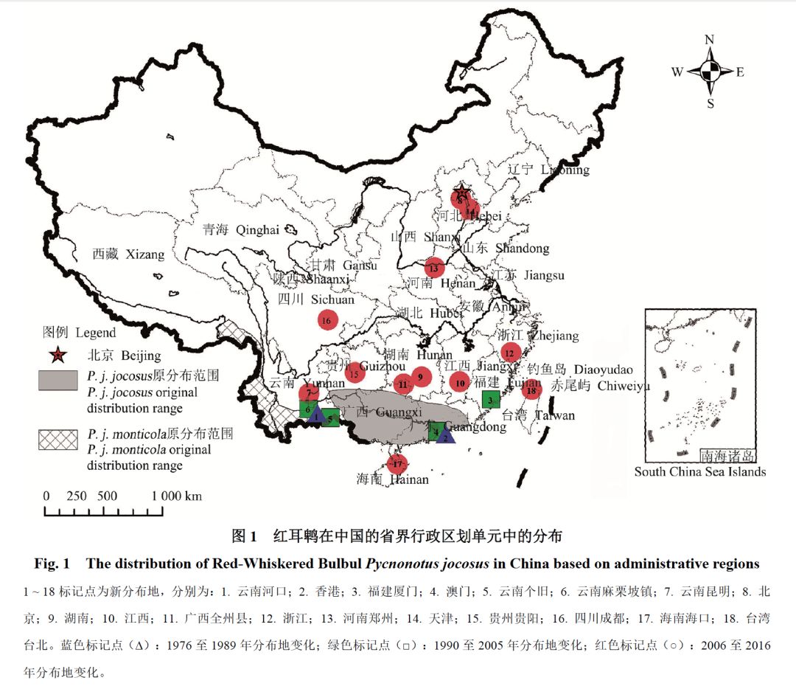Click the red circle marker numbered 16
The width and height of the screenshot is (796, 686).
[x=327, y=320]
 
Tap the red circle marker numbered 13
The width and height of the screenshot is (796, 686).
[x=433, y=268]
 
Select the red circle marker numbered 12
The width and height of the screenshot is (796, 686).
[x=509, y=353]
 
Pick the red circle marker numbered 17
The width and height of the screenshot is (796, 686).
[x=397, y=464]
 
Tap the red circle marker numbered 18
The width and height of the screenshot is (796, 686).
[x=531, y=391]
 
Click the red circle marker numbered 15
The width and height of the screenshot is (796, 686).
[x=355, y=373]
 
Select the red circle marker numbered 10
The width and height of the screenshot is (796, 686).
[x=460, y=382]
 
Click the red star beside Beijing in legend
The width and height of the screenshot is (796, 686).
[x=57, y=356]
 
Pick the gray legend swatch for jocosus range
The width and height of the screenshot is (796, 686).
[x=57, y=380]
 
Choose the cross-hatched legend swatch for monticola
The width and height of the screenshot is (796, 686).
[x=57, y=440]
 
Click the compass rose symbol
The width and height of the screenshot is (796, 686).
[x=710, y=72]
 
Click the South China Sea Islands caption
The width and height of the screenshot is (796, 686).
[x=700, y=472]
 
